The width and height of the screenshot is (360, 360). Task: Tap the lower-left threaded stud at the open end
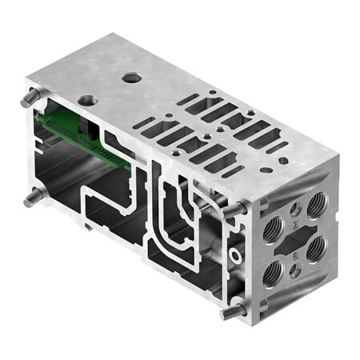29,197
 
